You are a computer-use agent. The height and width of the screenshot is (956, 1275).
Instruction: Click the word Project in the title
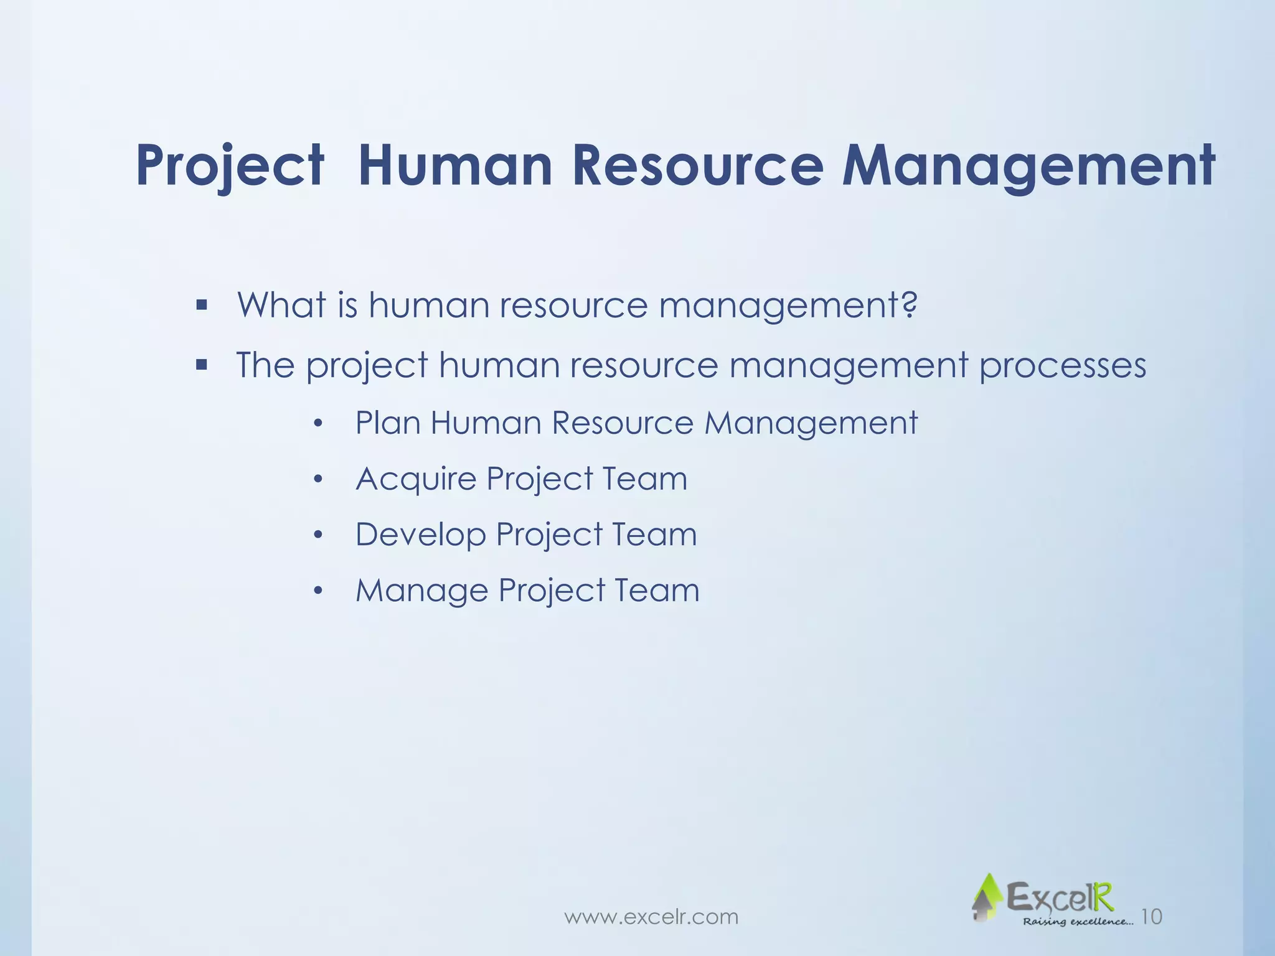tap(230, 166)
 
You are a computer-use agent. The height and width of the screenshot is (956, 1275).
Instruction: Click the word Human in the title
tap(455, 165)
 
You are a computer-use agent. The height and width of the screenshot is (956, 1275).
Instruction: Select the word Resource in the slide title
tap(698, 165)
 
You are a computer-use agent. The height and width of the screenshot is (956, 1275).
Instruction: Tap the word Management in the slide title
tap(1028, 165)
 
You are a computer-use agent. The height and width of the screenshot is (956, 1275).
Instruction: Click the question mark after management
tap(910, 304)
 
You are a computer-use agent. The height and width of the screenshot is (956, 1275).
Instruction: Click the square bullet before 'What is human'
tap(200, 306)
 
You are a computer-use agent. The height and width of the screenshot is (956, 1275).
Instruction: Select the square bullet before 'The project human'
tap(200, 365)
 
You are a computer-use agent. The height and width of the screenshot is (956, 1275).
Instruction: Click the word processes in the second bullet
tap(1062, 366)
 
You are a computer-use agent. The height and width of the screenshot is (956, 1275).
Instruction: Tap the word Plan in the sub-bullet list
tap(387, 423)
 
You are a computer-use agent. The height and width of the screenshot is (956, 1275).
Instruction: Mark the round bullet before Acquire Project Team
tap(318, 479)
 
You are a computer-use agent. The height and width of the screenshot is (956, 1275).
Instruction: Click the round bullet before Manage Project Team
tap(318, 591)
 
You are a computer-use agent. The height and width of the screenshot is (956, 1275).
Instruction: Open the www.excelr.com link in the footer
tap(651, 917)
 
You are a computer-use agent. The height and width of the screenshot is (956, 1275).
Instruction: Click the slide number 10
tap(1152, 916)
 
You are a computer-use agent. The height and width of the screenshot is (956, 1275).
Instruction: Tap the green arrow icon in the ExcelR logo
tap(986, 897)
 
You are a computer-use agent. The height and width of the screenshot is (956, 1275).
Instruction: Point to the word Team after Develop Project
tap(654, 535)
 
